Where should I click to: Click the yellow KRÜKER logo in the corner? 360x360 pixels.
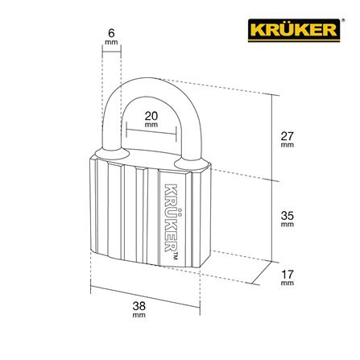point(294,31)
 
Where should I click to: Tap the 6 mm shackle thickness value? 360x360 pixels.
point(111,33)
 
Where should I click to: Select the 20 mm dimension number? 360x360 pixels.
point(151,116)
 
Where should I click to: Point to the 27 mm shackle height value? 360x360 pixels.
point(287,136)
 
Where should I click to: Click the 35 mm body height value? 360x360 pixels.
point(287,216)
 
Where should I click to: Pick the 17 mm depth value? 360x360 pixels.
point(288,275)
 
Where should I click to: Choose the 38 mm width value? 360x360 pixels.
point(139,306)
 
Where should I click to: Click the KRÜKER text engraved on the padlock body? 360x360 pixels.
point(171,217)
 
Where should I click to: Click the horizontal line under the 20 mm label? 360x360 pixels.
point(151,132)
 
